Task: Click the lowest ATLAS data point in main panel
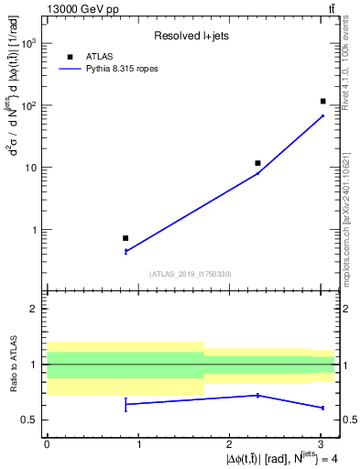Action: [x=125, y=238]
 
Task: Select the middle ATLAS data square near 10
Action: [x=257, y=163]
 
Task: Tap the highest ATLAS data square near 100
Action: [x=323, y=101]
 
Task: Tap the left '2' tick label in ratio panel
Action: [x=35, y=309]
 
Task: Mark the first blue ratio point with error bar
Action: [x=125, y=404]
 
